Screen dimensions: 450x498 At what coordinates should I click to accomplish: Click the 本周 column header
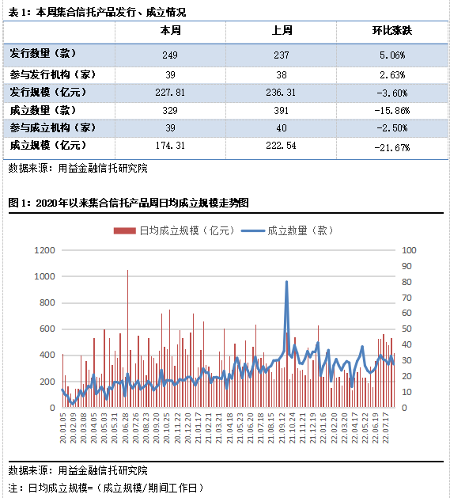tap(170, 31)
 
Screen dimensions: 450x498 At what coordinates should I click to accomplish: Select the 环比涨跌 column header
tap(392, 31)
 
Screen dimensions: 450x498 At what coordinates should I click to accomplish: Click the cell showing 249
tap(170, 55)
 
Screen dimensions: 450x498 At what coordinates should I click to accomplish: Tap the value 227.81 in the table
tap(170, 93)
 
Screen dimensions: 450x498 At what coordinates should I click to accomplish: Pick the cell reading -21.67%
tap(392, 148)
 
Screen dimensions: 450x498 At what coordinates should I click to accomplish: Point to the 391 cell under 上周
tap(282, 111)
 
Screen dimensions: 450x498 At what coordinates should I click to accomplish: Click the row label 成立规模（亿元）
tap(47, 145)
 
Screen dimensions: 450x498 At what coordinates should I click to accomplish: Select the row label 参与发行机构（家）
tap(53, 74)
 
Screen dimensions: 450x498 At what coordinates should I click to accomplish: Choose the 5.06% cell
tap(392, 55)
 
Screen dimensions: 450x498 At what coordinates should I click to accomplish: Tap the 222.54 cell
tap(282, 146)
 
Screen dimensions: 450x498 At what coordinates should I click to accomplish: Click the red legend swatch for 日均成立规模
tap(125, 231)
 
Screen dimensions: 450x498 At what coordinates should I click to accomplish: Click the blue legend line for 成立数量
tap(253, 231)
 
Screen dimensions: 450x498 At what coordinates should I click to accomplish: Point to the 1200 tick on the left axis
tap(45, 250)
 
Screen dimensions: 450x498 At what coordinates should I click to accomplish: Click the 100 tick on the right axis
tap(409, 250)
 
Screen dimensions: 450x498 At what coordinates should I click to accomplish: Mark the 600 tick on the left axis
tap(47, 329)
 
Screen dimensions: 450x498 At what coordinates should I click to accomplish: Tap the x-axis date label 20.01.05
tap(63, 428)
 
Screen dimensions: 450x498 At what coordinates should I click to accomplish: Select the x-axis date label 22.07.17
tap(386, 428)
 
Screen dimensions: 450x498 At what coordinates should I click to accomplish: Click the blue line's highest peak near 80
tap(286, 282)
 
